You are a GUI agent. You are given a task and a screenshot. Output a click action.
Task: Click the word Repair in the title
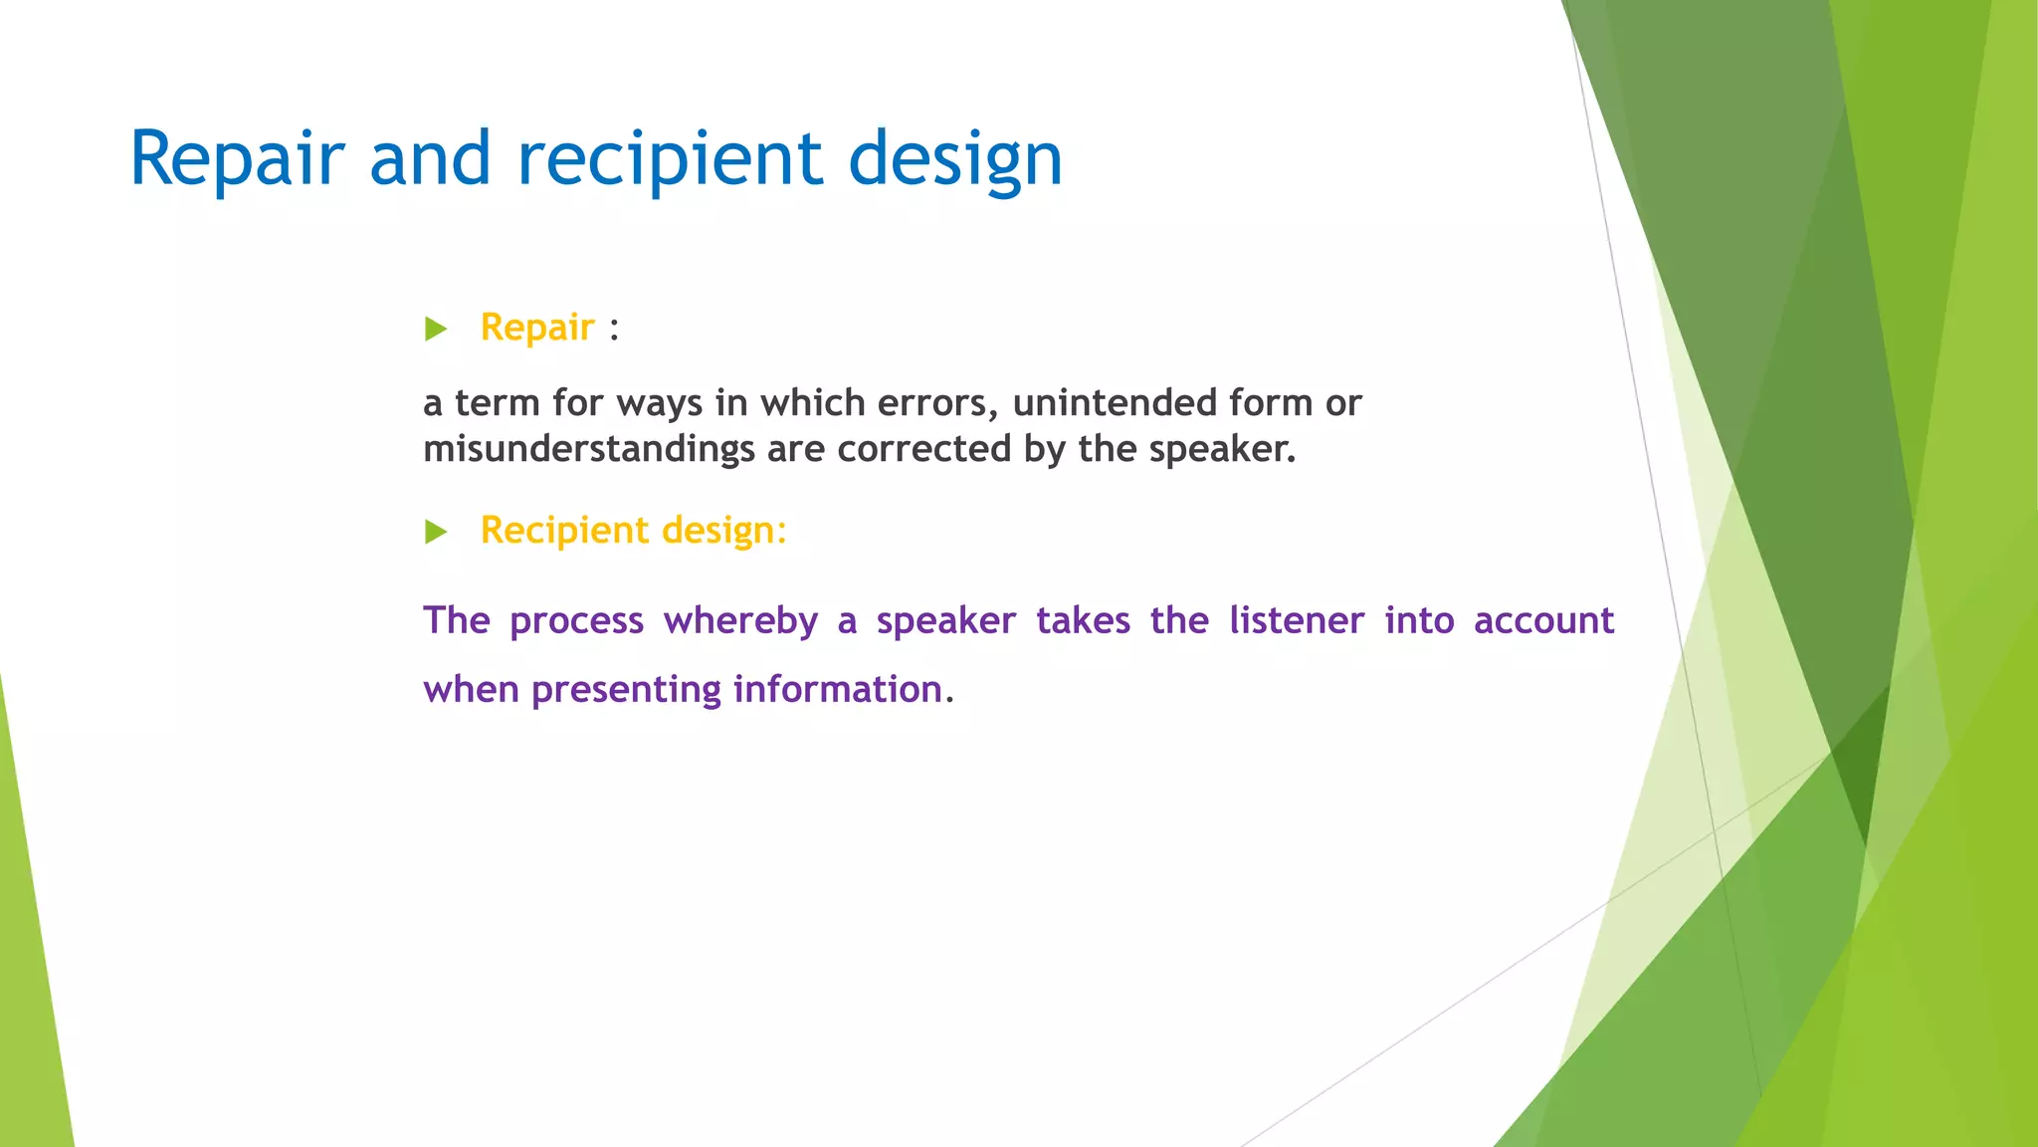pos(237,159)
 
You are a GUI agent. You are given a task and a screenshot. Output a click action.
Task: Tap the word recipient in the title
pos(670,159)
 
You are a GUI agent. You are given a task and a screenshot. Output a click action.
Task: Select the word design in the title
pos(955,159)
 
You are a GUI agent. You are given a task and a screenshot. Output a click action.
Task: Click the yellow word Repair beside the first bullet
pos(537,328)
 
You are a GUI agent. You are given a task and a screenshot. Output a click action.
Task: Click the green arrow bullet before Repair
pos(436,329)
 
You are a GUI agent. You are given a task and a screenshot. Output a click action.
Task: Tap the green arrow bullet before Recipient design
pos(436,532)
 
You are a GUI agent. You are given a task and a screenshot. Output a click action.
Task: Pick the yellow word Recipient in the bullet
pos(564,531)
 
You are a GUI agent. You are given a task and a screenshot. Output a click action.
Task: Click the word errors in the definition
pos(937,403)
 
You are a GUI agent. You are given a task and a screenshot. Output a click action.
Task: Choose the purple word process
pos(576,621)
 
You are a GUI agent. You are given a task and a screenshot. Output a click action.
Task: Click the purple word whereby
pos(740,621)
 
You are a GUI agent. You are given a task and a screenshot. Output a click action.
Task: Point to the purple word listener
pos(1297,621)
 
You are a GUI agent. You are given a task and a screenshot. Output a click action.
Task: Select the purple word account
pos(1543,621)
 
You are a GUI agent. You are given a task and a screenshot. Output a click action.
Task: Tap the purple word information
pos(838,690)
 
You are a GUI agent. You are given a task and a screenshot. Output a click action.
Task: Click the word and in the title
pos(430,159)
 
